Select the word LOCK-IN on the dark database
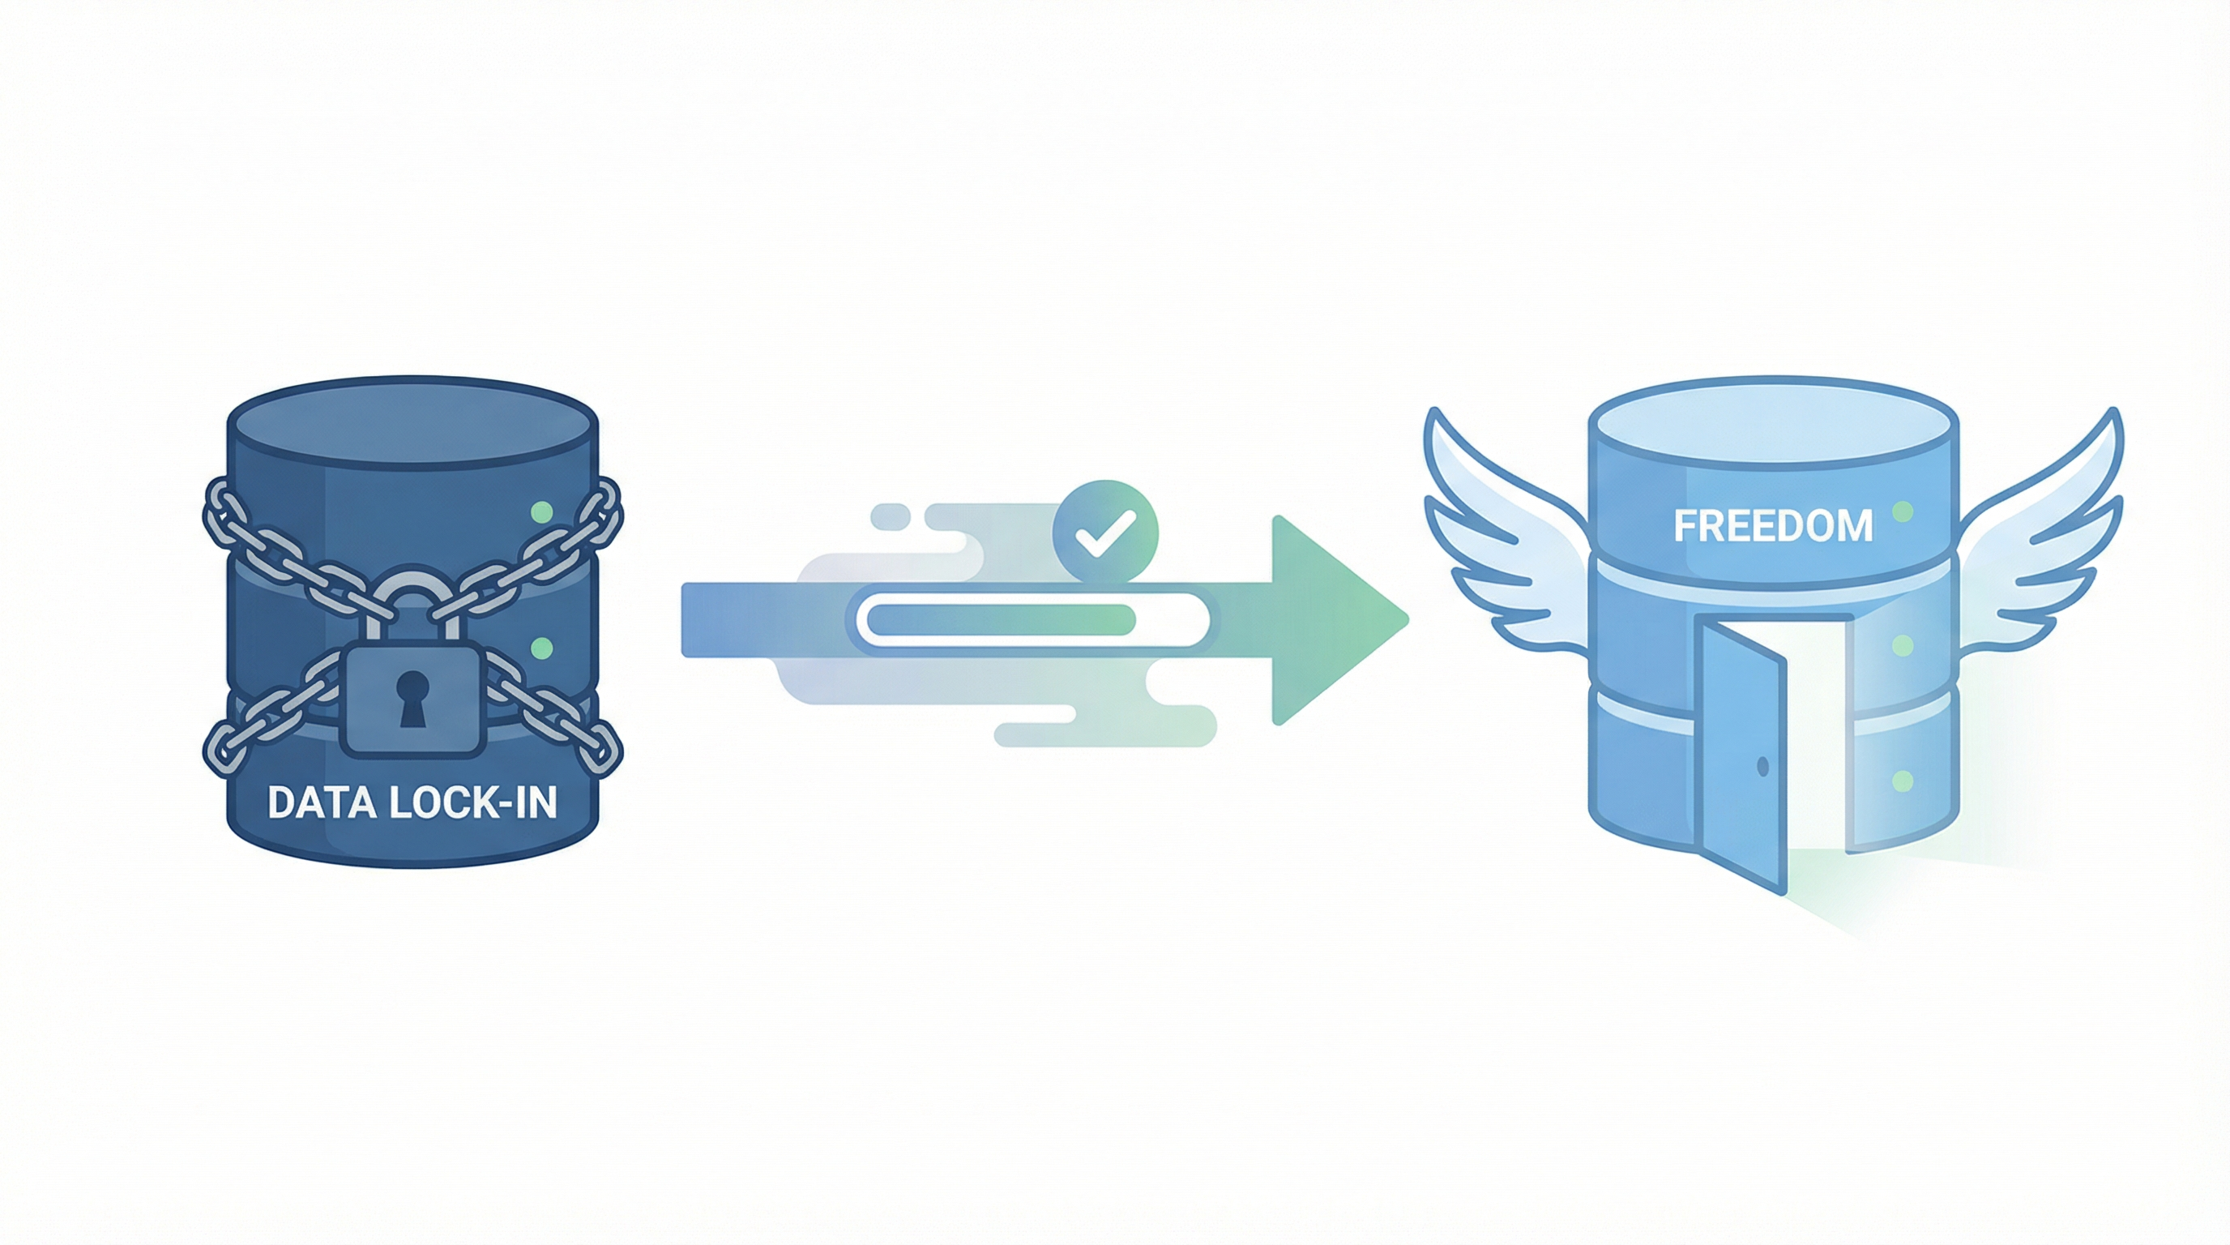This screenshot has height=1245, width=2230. coord(472,802)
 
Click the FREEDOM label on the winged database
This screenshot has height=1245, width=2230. coord(1773,525)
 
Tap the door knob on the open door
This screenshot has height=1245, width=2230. coord(1762,765)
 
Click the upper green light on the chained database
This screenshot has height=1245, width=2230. coord(541,511)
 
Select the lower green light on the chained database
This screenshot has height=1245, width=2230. coord(541,648)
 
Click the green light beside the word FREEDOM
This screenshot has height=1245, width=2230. coord(1902,511)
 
